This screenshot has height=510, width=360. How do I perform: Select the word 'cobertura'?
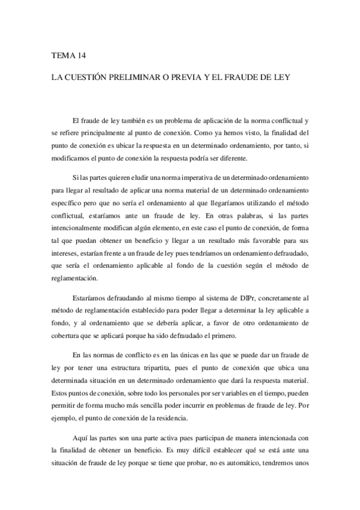pyautogui.click(x=66, y=336)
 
